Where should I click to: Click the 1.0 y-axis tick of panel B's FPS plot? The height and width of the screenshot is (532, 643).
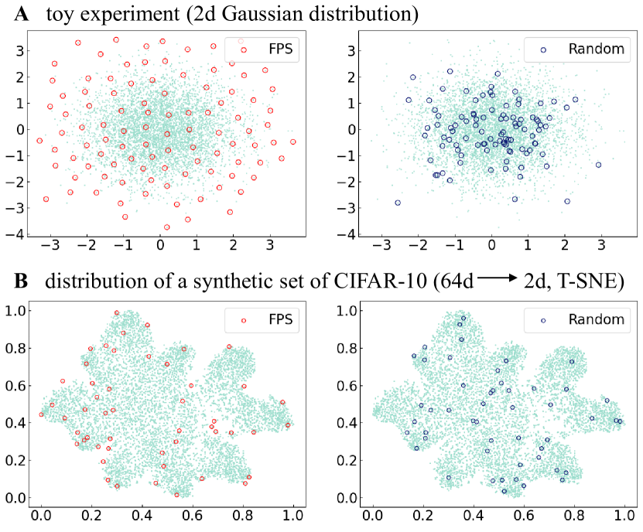click(x=16, y=310)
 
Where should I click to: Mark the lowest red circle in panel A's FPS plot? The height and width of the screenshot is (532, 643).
click(x=166, y=227)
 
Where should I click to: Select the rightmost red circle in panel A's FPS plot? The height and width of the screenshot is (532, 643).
click(x=292, y=142)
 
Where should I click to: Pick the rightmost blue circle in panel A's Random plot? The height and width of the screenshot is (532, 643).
click(x=598, y=165)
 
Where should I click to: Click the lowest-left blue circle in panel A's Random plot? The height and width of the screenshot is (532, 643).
click(x=398, y=203)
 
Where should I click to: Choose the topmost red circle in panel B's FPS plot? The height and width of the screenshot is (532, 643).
click(x=117, y=313)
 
